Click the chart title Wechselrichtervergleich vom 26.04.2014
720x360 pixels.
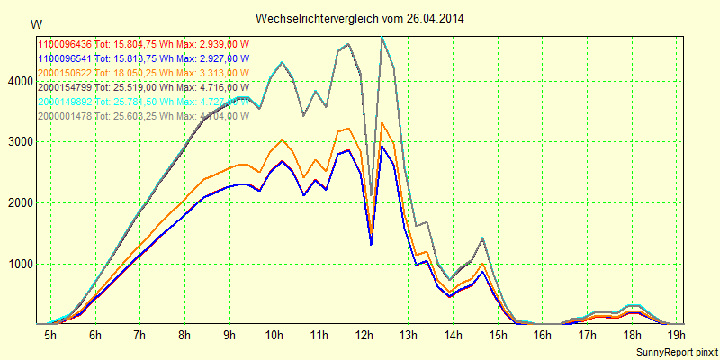359,18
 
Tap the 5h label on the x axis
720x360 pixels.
50,336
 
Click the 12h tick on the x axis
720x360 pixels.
364,336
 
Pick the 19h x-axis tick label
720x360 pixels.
676,336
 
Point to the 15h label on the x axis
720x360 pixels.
498,336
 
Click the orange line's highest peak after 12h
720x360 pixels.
382,123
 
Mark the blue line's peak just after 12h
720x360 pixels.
382,147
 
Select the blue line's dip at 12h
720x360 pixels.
371,244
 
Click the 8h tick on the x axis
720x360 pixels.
184,336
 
